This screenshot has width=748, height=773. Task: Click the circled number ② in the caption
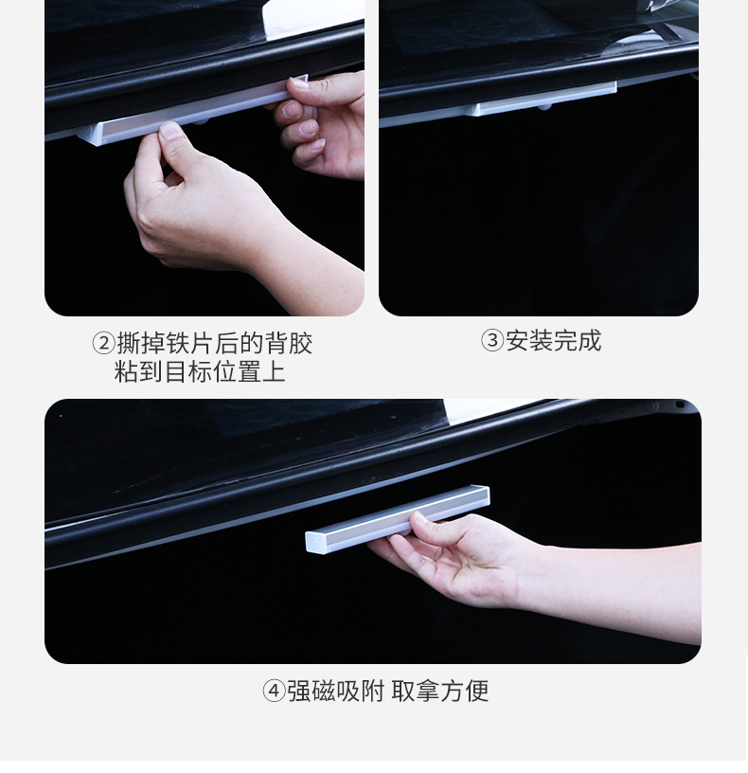click(103, 343)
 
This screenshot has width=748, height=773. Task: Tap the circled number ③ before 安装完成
click(491, 341)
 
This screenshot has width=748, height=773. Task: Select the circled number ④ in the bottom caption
click(274, 691)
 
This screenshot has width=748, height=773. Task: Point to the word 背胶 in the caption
click(288, 343)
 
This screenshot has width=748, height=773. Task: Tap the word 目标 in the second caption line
click(187, 371)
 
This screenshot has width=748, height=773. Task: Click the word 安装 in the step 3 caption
click(529, 341)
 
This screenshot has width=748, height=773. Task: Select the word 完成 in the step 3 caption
click(578, 341)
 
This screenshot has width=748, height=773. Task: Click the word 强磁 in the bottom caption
click(312, 691)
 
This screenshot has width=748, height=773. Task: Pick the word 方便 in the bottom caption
click(464, 691)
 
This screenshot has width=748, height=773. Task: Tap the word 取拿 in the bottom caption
click(416, 691)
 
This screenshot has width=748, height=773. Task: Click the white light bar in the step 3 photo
click(542, 100)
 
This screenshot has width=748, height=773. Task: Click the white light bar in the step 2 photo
click(192, 111)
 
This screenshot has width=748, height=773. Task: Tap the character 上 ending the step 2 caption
click(274, 371)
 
